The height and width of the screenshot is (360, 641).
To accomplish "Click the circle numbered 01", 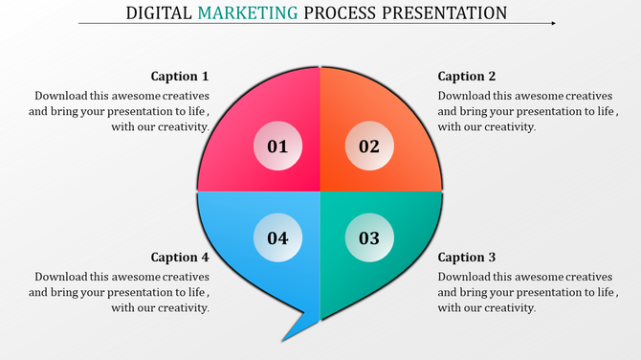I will [x=277, y=146].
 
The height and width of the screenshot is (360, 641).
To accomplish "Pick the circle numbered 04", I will [x=277, y=237].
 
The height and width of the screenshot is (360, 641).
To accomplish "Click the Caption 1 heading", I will [x=180, y=77].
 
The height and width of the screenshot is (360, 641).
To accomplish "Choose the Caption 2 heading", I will [x=467, y=77].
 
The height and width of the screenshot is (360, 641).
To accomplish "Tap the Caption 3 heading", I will [x=467, y=258].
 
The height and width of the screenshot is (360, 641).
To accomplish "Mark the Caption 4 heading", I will [x=180, y=258].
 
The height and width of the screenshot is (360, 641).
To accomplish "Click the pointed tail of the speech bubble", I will [x=286, y=332].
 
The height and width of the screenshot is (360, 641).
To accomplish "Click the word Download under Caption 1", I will [x=62, y=96].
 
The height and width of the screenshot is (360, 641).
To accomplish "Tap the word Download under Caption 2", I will [x=466, y=96].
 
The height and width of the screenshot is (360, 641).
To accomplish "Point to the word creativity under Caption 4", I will [x=182, y=307].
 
